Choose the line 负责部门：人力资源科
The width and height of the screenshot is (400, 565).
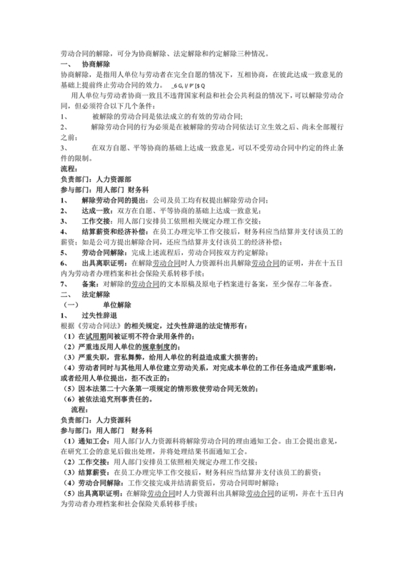coord(100,420)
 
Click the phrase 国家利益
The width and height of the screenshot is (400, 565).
coord(204,95)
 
